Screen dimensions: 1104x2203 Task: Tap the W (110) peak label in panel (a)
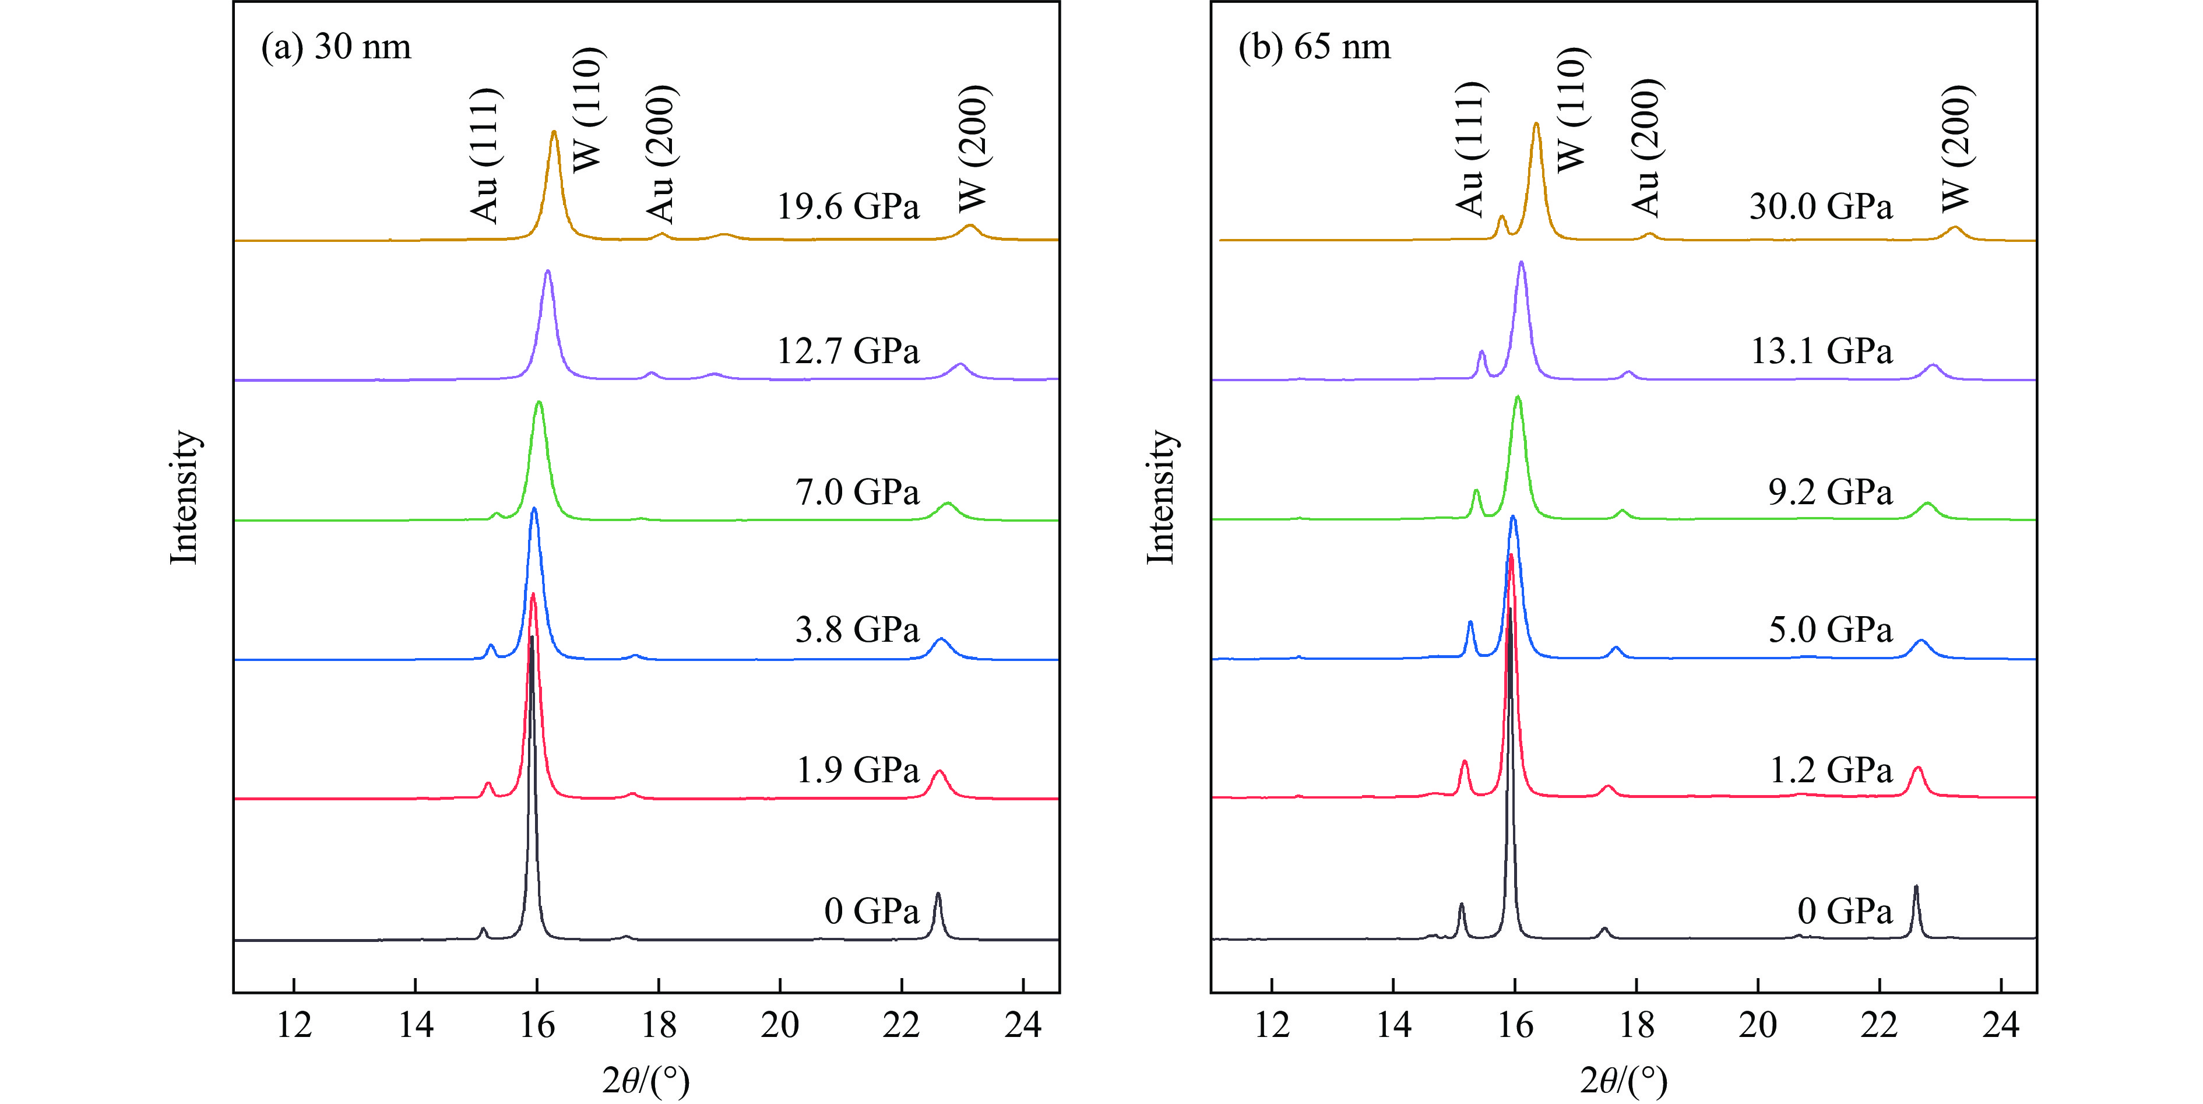tap(589, 110)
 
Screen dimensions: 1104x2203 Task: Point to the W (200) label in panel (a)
tap(973, 148)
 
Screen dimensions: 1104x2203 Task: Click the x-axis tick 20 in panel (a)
tap(779, 1025)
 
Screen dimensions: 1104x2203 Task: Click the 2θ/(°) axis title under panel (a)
tap(646, 1080)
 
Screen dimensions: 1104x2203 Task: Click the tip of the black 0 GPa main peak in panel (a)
tap(532, 638)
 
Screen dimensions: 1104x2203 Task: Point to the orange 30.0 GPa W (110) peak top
tap(1536, 125)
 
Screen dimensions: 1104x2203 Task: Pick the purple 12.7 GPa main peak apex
tap(547, 272)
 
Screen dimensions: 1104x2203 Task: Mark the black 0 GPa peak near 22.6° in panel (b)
tap(1916, 888)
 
